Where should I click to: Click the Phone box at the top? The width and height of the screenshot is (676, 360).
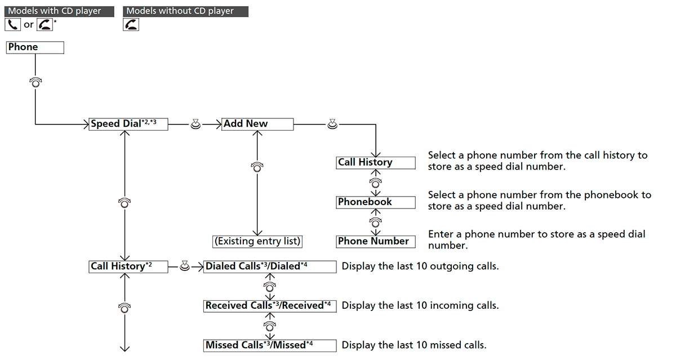coord(35,47)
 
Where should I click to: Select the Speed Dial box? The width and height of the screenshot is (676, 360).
coord(128,124)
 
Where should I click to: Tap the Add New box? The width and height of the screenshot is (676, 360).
coord(257,124)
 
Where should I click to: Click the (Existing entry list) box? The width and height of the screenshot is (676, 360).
coord(257,242)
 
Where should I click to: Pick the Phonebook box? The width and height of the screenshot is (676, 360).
coord(376,202)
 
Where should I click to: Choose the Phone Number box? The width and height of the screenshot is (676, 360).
coord(376,242)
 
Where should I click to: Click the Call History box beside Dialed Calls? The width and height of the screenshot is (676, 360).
coord(128,266)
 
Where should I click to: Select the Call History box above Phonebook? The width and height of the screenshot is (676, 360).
coord(376,163)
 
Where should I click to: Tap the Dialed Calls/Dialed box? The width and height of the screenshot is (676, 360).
coord(270,266)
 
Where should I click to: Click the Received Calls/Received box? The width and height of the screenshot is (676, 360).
coord(270,306)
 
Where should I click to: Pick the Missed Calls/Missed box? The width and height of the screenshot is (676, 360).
coord(270,345)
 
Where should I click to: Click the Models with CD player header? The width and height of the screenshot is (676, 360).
coord(59,11)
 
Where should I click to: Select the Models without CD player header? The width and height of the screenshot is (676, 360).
coord(185,11)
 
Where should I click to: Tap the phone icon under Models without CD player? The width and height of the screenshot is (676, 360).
coord(131,24)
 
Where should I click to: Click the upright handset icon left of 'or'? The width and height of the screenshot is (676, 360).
coord(12,24)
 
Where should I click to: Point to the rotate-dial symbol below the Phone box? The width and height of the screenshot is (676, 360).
coord(35,82)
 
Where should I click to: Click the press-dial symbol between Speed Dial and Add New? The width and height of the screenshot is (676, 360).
coord(195,124)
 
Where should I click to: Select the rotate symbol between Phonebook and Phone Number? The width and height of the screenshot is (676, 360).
coord(375,222)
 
